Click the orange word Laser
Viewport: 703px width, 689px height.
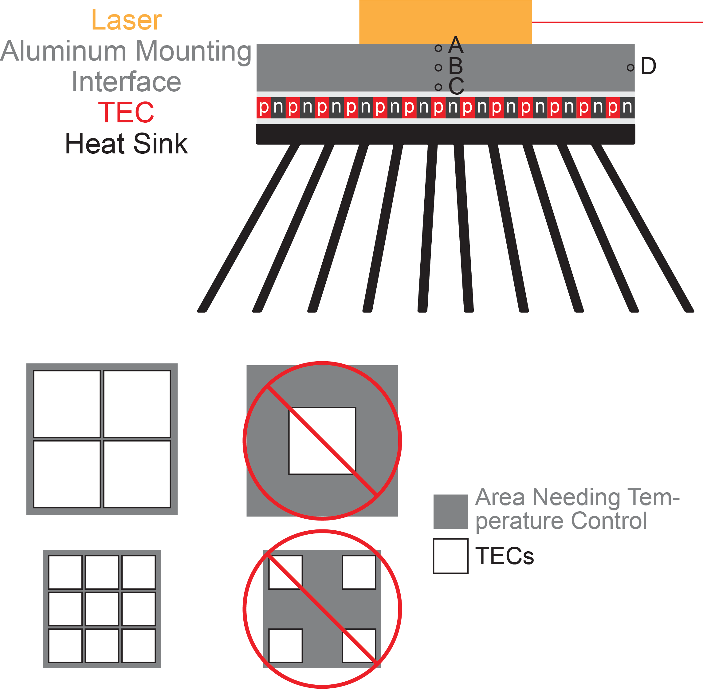[x=126, y=20]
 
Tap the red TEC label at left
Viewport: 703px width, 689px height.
[x=126, y=112]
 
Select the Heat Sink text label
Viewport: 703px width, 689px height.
[x=126, y=144]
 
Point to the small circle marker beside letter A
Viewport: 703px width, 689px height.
[x=438, y=48]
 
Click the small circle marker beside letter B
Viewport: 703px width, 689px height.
[x=438, y=68]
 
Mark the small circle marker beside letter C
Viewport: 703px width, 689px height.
[x=438, y=87]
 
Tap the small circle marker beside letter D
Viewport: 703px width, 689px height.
[x=630, y=68]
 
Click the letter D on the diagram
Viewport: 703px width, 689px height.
[x=648, y=66]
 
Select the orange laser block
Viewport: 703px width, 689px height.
[x=446, y=22]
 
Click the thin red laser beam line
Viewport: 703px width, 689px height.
[x=617, y=22]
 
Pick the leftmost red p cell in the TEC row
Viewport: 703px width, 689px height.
[x=264, y=108]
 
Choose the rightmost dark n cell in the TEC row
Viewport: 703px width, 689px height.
[x=627, y=108]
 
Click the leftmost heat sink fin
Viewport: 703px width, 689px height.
[x=249, y=228]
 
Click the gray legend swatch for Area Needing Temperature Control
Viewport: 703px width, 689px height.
[x=450, y=512]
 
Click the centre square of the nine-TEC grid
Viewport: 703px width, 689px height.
[x=102, y=609]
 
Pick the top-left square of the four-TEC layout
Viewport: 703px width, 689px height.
[x=67, y=404]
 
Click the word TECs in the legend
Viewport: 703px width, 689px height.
[x=505, y=556]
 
